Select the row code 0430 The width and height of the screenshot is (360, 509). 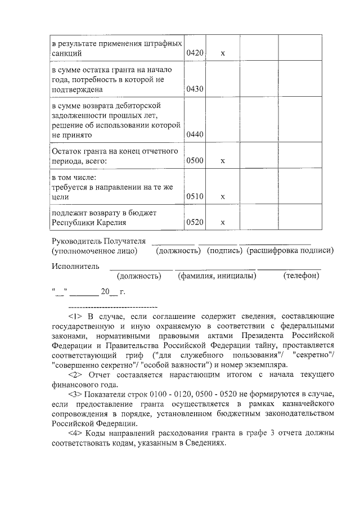coord(195,89)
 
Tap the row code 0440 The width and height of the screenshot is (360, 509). coord(195,134)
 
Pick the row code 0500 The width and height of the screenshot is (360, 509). coord(195,161)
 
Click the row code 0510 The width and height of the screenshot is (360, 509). coord(195,197)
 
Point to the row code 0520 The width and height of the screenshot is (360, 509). coord(195,222)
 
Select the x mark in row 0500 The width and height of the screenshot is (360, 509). coord(223,161)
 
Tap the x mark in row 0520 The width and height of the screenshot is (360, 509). coord(223,222)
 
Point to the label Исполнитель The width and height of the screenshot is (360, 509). coord(75,266)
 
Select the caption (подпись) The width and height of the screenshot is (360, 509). coord(224,250)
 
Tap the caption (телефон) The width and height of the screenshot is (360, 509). coord(301,276)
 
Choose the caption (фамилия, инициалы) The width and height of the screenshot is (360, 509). coord(217,276)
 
